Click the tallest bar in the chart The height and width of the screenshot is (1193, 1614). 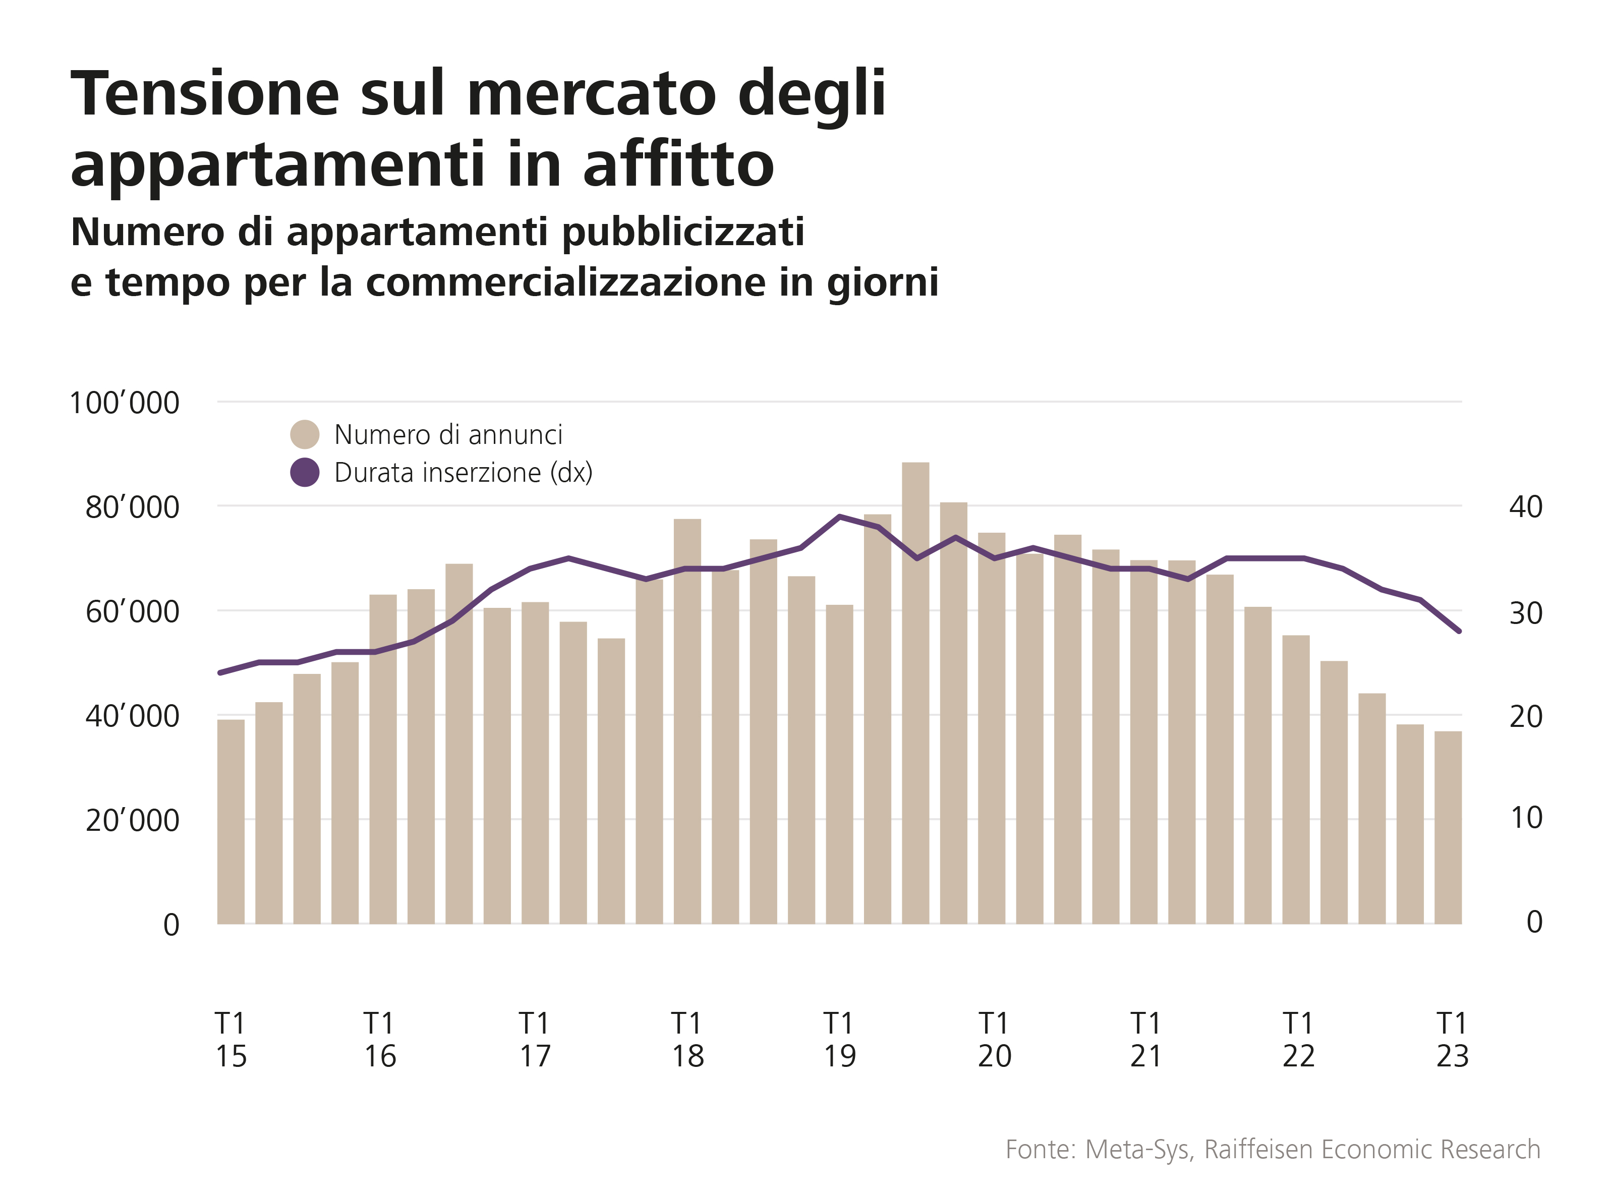pos(915,693)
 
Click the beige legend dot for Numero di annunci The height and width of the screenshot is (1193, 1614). pos(305,435)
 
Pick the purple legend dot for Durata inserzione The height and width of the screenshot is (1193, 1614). pos(305,472)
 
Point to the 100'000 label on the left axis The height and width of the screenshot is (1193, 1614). pos(124,403)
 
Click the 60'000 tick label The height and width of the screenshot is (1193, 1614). pos(132,612)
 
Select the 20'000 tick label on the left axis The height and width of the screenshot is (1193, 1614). pos(132,820)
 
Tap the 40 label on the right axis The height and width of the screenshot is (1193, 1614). pos(1525,507)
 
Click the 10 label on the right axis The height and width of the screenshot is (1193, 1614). pos(1526,818)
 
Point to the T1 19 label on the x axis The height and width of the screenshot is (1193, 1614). pos(839,1040)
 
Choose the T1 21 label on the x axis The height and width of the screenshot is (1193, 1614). pos(1145,1040)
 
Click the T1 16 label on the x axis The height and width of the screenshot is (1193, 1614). pos(380,1040)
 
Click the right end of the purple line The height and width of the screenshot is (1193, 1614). pos(1459,631)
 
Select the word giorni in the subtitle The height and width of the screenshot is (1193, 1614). pos(883,281)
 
